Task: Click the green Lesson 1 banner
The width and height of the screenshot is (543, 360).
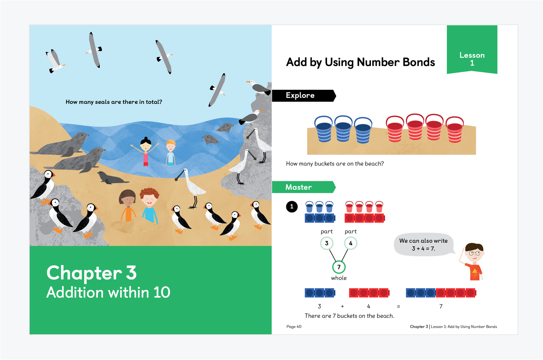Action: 472,49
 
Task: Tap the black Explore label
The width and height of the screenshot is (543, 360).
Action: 304,96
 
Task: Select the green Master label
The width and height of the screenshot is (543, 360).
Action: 303,187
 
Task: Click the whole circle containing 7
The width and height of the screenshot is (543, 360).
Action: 339,267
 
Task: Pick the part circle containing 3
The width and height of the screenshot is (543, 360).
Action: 327,243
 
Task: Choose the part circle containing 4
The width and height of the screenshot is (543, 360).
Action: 351,243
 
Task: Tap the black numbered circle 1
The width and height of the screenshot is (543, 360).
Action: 292,206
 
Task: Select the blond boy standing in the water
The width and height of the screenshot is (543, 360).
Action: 171,153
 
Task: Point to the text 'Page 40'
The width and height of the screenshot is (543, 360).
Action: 294,326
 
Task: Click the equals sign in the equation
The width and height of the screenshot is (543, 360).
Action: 398,307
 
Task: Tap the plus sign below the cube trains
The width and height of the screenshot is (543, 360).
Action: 342,307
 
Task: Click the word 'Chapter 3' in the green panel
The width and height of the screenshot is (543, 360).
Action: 92,273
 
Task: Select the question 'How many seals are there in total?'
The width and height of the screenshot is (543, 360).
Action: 114,102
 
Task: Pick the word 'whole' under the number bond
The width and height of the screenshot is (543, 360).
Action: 339,278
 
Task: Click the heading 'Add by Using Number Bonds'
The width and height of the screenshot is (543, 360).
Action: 361,62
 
